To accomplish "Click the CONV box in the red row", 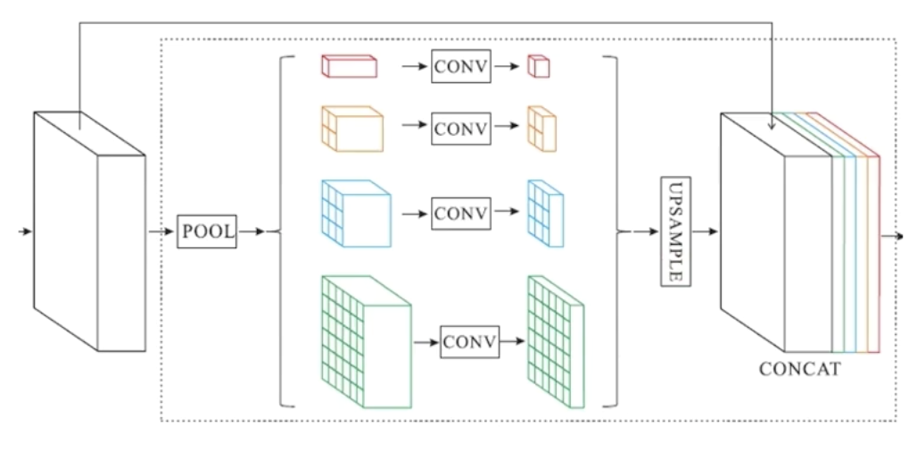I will [x=460, y=66].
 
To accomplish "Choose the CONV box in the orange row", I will [x=460, y=127].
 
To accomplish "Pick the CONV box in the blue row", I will [x=460, y=213].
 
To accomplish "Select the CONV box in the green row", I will [x=467, y=341].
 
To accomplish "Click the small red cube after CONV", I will [x=537, y=66].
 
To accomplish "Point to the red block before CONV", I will [x=349, y=66].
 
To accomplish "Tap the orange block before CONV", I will [x=351, y=126].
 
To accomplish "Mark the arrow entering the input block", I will [x=25, y=231].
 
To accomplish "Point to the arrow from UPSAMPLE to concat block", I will [x=706, y=231].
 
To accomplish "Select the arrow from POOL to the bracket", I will [x=253, y=231].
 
